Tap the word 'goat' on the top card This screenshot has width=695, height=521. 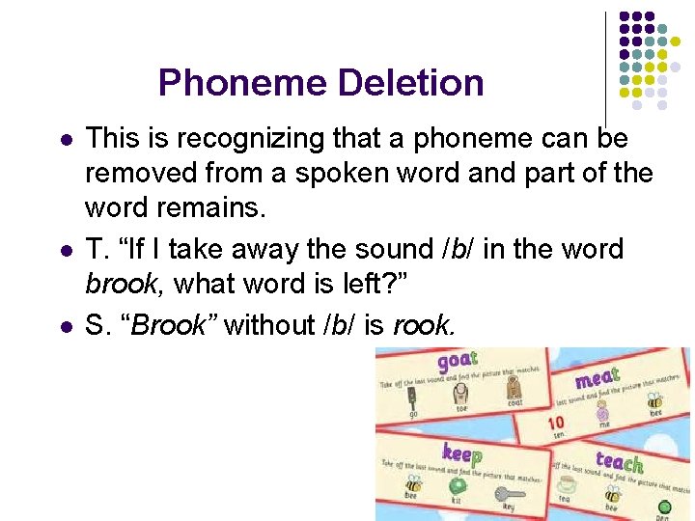458,363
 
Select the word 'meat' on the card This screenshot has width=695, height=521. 598,375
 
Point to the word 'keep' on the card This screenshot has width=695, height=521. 461,452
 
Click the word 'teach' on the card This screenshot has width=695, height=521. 619,462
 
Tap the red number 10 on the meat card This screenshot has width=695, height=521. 555,424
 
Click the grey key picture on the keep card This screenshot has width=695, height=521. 510,493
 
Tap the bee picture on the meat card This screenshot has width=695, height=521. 653,400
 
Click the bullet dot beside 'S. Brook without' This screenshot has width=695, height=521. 65,325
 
